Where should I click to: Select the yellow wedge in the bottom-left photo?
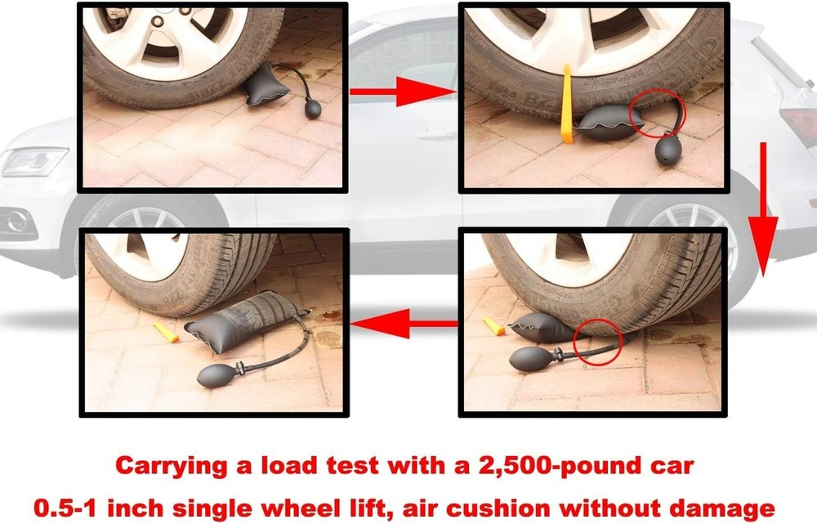tap(167, 332)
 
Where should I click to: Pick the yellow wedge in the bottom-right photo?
tap(494, 326)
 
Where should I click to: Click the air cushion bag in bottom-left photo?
tap(245, 322)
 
